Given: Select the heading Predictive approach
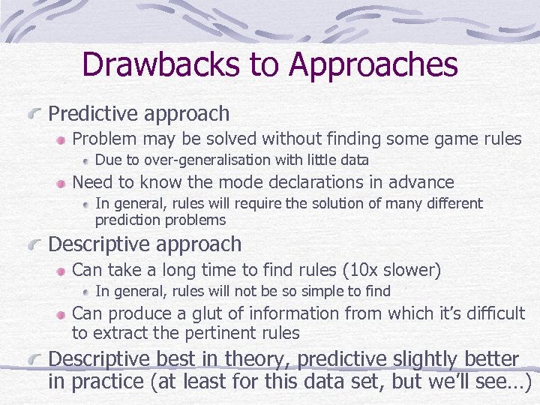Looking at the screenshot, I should pos(139,114).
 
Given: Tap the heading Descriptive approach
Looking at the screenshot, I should pos(145,244).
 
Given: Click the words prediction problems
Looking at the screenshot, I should pos(160,220).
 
